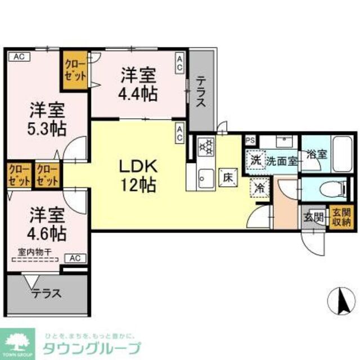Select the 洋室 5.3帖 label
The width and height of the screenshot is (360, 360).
coord(47,119)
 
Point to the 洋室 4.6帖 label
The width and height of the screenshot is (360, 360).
coord(47,223)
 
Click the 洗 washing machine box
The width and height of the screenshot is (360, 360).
coord(256,160)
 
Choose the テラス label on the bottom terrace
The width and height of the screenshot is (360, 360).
coord(47,293)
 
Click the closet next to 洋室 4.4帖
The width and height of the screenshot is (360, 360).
coord(74,70)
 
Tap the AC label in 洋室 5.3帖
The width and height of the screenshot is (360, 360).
coord(18,56)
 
